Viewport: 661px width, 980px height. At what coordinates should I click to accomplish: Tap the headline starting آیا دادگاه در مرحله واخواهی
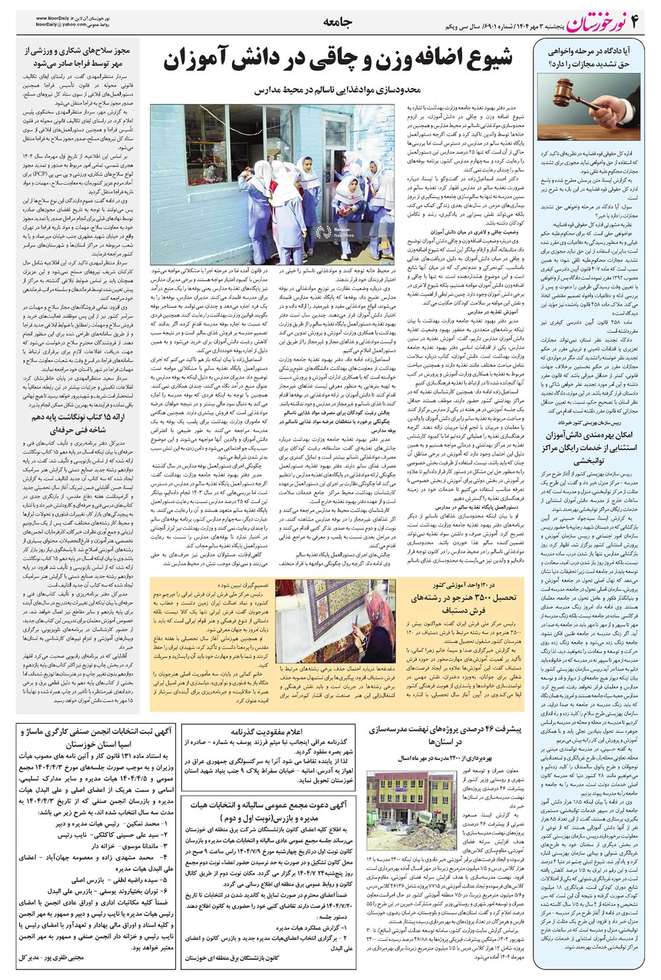click(x=590, y=57)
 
